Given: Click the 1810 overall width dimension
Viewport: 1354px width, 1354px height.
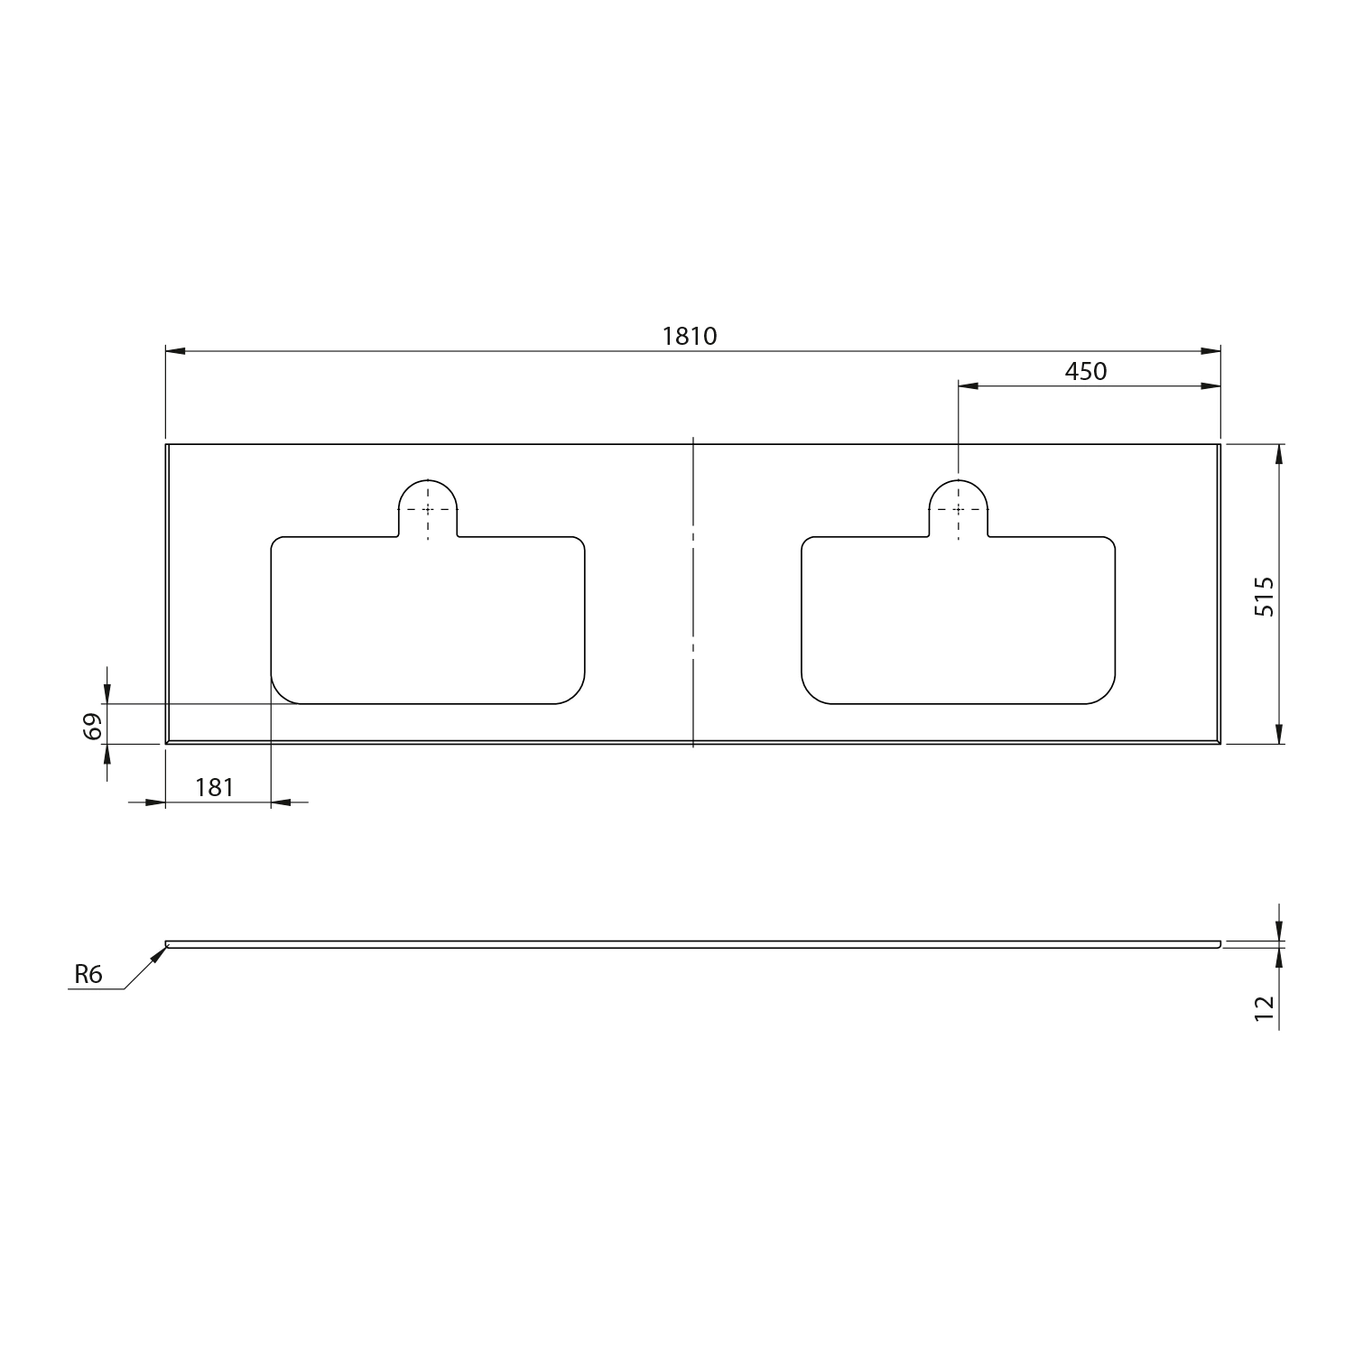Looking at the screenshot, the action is [690, 336].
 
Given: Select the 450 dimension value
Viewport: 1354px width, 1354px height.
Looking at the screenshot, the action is [1086, 371].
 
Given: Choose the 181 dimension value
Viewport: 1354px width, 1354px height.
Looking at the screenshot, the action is [214, 787].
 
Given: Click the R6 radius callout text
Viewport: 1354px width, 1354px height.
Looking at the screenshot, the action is [88, 974].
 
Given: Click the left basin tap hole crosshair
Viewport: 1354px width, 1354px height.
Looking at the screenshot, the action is [429, 509].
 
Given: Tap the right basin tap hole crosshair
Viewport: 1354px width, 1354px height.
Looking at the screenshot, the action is [959, 509].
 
